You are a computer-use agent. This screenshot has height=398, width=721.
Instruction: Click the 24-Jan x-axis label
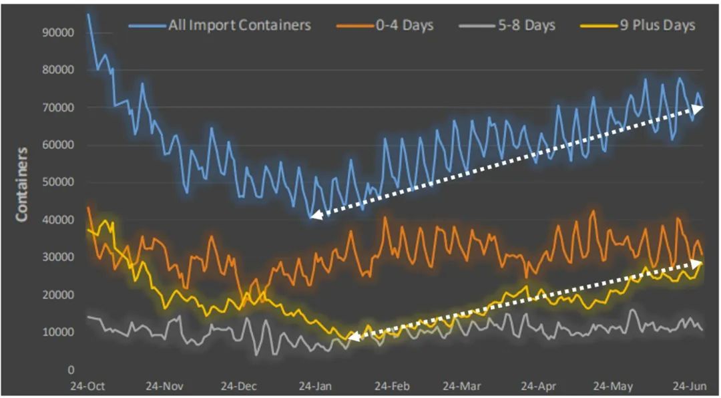click(314, 386)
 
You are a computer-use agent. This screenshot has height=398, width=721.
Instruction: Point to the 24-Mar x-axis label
click(464, 386)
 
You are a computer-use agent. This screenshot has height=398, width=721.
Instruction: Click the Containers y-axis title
click(22, 184)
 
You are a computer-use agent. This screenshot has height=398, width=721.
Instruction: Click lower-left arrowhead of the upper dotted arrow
click(312, 215)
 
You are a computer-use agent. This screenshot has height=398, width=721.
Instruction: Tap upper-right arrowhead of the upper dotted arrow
click(700, 107)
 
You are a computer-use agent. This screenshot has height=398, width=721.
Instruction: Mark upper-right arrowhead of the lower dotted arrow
click(699, 263)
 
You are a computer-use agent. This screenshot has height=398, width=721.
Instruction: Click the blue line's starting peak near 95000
click(88, 14)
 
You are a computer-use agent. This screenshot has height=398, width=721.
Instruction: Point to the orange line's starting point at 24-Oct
click(88, 208)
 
